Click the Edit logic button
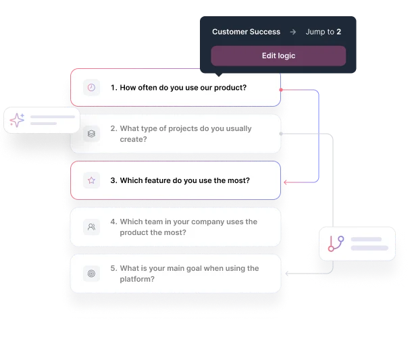tap(278, 55)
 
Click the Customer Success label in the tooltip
tap(246, 32)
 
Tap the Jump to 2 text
tap(323, 32)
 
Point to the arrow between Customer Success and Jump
tap(292, 32)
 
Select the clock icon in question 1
tap(91, 88)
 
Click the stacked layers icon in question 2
tap(91, 134)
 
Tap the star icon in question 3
tap(91, 180)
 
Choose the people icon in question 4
tap(91, 227)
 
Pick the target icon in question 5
tap(91, 274)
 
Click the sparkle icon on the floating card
tap(18, 120)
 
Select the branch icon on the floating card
tap(336, 244)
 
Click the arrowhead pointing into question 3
tap(287, 182)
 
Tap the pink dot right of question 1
tap(282, 88)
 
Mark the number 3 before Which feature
tap(113, 181)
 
